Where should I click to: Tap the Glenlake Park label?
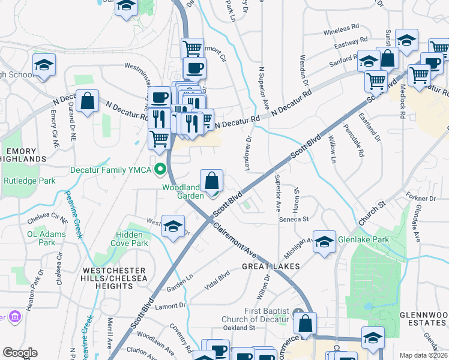click(x=363, y=240)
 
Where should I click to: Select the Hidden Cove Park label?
click(x=129, y=239)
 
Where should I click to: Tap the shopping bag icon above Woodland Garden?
click(x=212, y=181)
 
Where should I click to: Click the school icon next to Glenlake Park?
click(x=325, y=242)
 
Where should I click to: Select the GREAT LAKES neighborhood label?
click(x=266, y=265)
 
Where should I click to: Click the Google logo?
click(x=20, y=353)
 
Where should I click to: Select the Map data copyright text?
click(x=424, y=355)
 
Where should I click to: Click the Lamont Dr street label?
click(x=170, y=306)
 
